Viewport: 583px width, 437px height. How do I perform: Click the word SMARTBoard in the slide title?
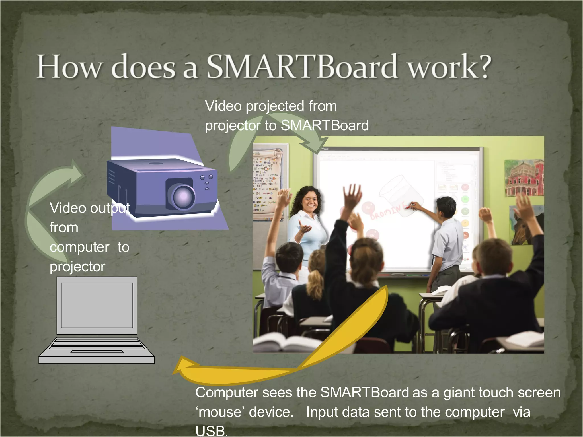click(x=302, y=67)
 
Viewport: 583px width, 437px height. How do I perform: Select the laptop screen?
click(x=97, y=305)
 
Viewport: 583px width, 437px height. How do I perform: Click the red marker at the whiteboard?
click(x=408, y=208)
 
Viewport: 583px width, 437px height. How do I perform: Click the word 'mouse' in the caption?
click(x=220, y=412)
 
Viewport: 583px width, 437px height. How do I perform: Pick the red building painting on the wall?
click(x=524, y=178)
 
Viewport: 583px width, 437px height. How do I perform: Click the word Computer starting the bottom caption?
click(x=227, y=393)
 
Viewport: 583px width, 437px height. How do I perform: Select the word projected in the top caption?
click(x=275, y=106)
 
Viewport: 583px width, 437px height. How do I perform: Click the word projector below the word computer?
click(x=77, y=267)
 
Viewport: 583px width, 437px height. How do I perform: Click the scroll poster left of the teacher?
click(x=268, y=185)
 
